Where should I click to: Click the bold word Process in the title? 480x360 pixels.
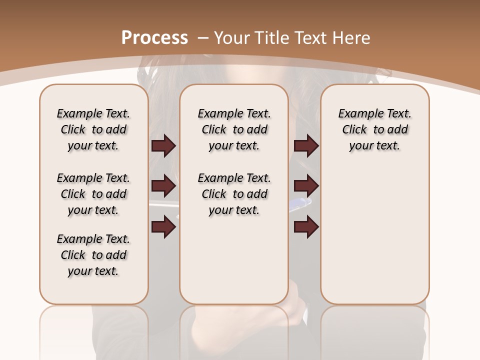click(x=154, y=37)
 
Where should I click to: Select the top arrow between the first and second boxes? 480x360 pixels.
click(x=163, y=145)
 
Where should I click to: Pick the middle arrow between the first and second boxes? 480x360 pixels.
click(x=163, y=186)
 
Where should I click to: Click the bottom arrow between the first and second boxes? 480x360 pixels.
click(x=163, y=227)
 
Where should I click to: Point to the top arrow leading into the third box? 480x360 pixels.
click(x=306, y=145)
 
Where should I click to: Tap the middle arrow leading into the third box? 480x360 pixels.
click(x=306, y=186)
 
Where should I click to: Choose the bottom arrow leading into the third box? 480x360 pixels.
click(x=306, y=227)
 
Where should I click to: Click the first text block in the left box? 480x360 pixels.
click(x=93, y=129)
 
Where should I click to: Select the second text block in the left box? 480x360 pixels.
click(x=93, y=194)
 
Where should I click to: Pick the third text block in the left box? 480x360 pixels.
click(x=93, y=255)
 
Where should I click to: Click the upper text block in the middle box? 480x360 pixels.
click(x=234, y=129)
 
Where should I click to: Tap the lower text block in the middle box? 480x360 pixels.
click(x=234, y=194)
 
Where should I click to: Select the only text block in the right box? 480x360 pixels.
click(x=375, y=129)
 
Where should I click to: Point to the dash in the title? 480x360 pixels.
click(x=203, y=37)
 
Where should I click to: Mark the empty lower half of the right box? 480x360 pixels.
click(x=375, y=240)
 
